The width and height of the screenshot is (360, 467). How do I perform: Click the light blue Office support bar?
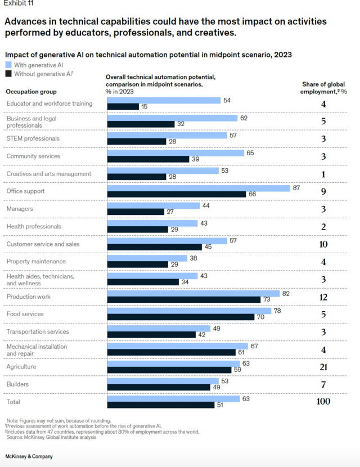point(198,188)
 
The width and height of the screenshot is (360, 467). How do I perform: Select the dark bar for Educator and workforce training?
point(123,106)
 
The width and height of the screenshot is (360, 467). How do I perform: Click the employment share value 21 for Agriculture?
point(323,367)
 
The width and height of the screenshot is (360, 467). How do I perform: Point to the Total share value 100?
point(323,401)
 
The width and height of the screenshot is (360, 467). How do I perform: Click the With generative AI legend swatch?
point(8,65)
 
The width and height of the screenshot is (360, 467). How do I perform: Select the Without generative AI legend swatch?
point(8,74)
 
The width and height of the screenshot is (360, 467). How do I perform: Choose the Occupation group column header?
point(31,91)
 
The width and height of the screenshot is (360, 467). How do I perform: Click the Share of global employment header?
point(323,88)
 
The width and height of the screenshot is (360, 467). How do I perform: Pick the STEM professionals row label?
point(33,138)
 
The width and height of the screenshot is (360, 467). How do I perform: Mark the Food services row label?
point(25,314)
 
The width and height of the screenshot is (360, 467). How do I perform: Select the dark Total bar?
point(160,405)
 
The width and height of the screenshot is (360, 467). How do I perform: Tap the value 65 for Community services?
point(250,152)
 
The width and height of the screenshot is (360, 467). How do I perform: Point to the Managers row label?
point(20,209)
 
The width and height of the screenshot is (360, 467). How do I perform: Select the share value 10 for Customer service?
point(323,244)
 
